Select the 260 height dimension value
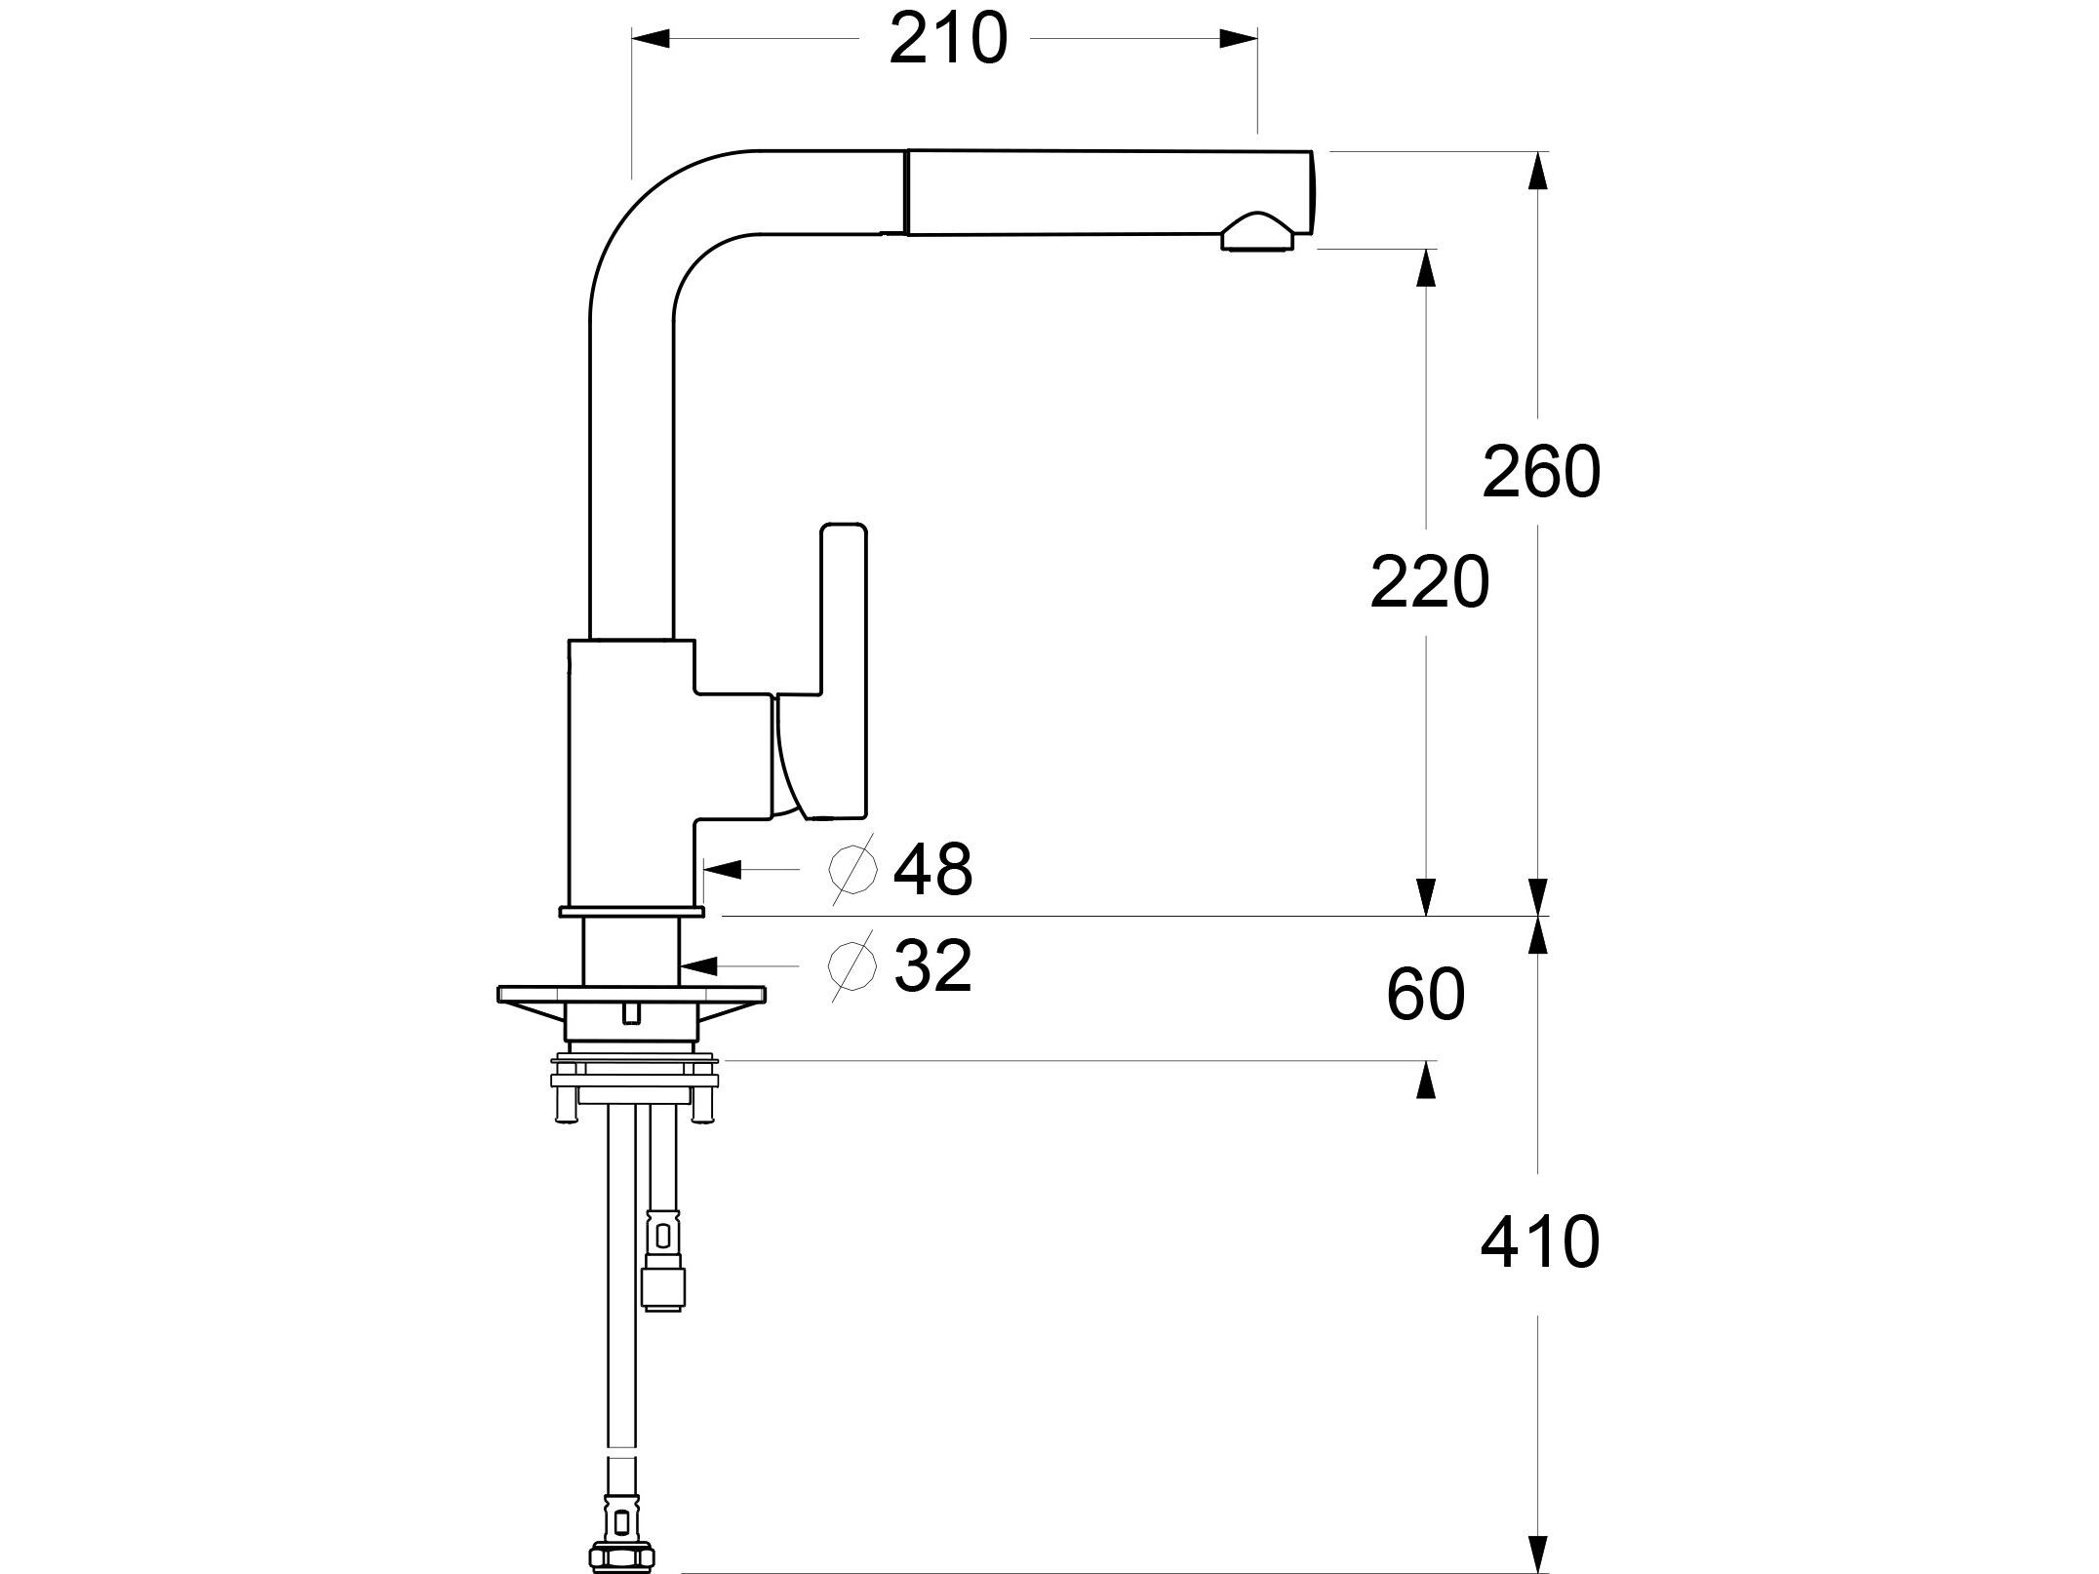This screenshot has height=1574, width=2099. click(1540, 472)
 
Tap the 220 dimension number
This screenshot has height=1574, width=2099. click(1429, 583)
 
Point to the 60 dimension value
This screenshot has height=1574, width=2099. click(1425, 996)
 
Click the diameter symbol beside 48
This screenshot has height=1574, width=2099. click(852, 870)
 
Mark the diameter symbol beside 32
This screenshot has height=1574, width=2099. click(851, 965)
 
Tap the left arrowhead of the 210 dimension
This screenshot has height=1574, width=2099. click(652, 40)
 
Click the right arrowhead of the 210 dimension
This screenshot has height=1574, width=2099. click(1239, 40)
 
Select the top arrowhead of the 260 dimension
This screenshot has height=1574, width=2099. click(1538, 172)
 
